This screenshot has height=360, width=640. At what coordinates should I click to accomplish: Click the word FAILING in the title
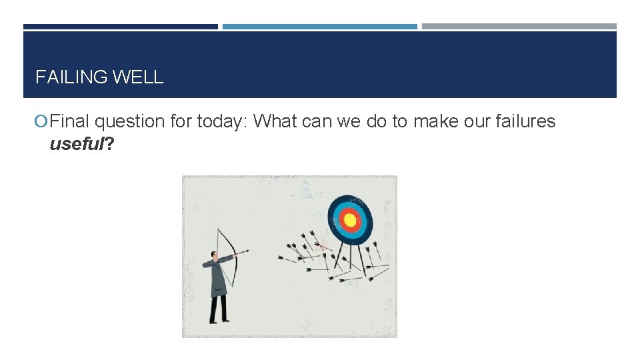coord(72,77)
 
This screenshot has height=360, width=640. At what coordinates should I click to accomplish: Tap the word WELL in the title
coord(138,77)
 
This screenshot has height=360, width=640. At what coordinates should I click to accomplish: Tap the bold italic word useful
coord(76,144)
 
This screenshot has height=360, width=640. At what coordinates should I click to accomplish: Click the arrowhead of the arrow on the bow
coord(247,251)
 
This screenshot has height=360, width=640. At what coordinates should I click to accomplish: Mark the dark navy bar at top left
coord(120,27)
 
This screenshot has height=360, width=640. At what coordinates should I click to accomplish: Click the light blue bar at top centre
coord(319,27)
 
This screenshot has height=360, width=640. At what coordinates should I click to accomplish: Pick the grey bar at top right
coord(519,27)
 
